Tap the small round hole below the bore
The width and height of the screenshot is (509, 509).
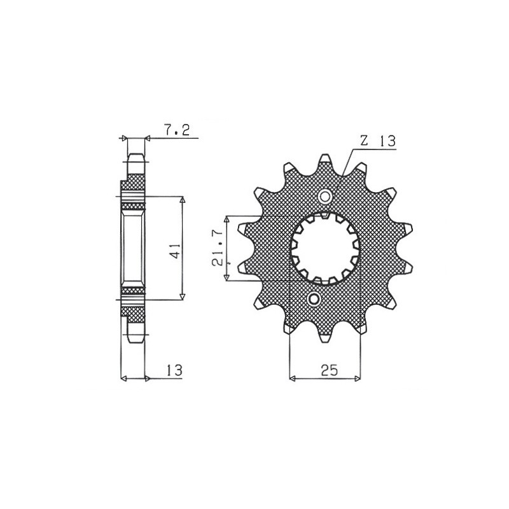tap(314, 298)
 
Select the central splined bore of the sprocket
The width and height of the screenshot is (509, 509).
tap(325, 247)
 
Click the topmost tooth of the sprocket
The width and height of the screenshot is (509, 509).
tap(325, 160)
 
